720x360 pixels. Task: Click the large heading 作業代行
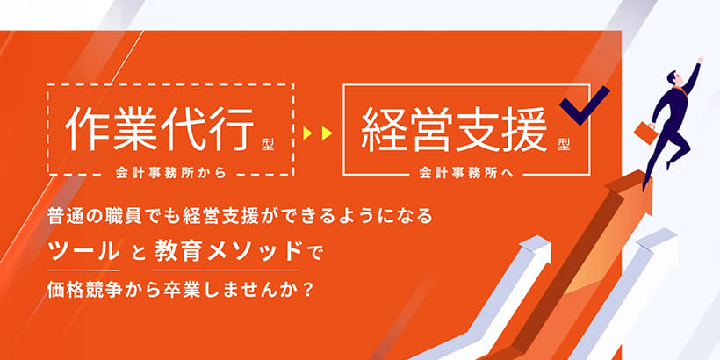pyautogui.click(x=160, y=128)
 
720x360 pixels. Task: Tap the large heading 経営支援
pyautogui.click(x=455, y=128)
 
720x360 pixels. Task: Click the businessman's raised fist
pyautogui.click(x=699, y=60)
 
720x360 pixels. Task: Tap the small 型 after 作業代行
pyautogui.click(x=268, y=144)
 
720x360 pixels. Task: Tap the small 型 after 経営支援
pyautogui.click(x=564, y=144)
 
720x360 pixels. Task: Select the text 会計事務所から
pyautogui.click(x=172, y=174)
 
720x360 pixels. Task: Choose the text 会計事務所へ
pyautogui.click(x=466, y=174)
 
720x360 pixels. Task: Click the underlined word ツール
pyautogui.click(x=83, y=251)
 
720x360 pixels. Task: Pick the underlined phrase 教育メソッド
pyautogui.click(x=226, y=251)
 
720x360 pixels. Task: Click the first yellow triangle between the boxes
pyautogui.click(x=307, y=133)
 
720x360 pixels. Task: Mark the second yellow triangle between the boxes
pyautogui.click(x=327, y=133)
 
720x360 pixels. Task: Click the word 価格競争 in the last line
pyautogui.click(x=78, y=290)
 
